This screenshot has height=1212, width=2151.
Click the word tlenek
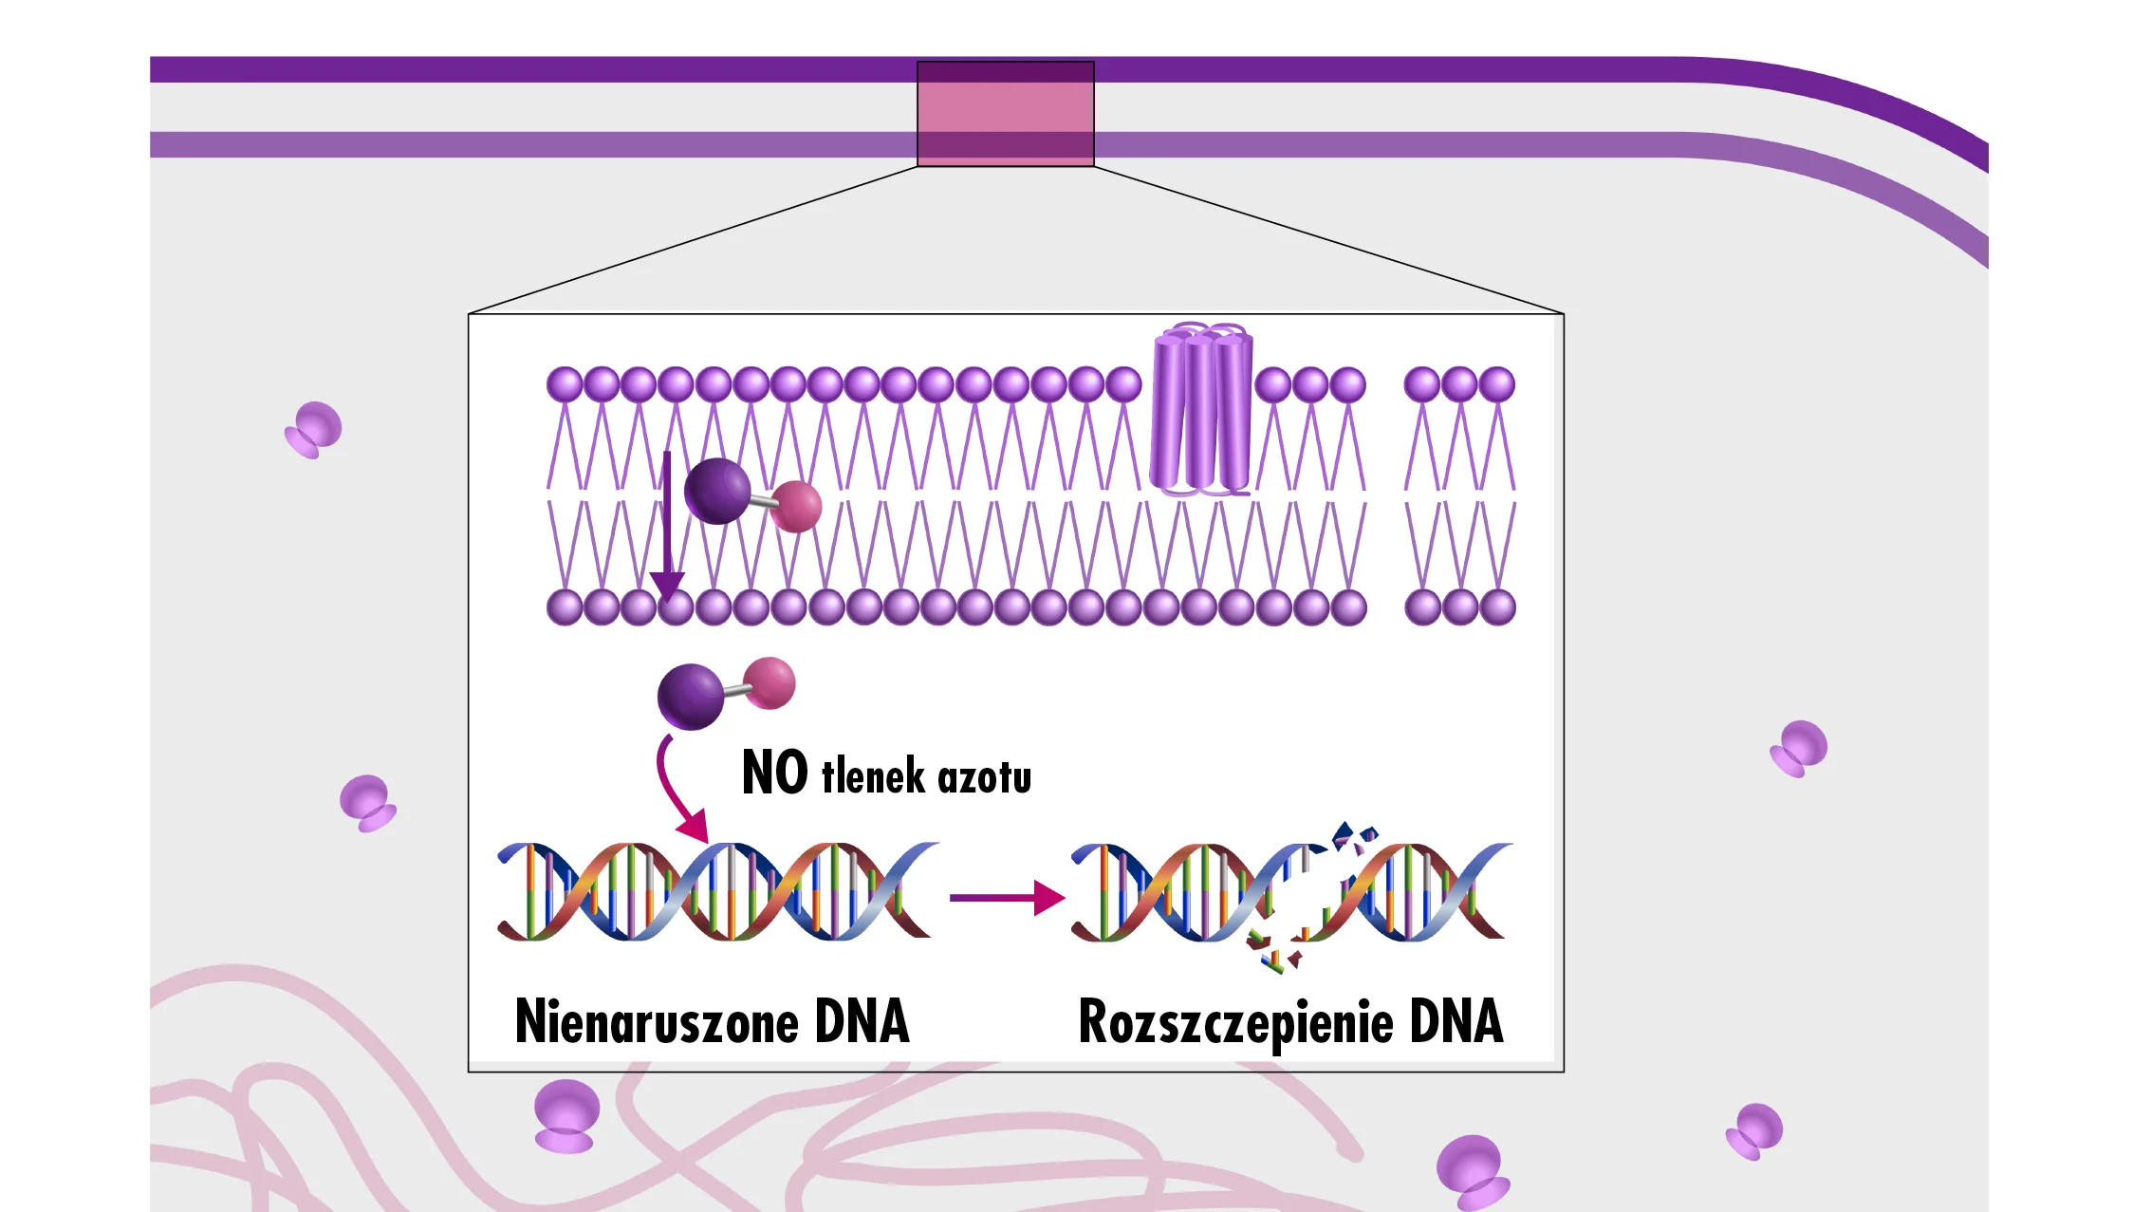(873, 776)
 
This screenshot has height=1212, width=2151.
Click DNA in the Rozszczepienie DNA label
(1456, 1022)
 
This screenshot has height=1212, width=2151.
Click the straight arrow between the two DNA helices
(1007, 897)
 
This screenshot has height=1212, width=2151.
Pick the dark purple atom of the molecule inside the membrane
(717, 491)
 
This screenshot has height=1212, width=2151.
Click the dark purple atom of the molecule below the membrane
(691, 697)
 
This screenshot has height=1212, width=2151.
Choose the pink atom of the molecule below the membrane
(770, 682)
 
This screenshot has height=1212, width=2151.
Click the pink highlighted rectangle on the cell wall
(1005, 114)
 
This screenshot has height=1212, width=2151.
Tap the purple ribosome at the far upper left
(314, 429)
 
